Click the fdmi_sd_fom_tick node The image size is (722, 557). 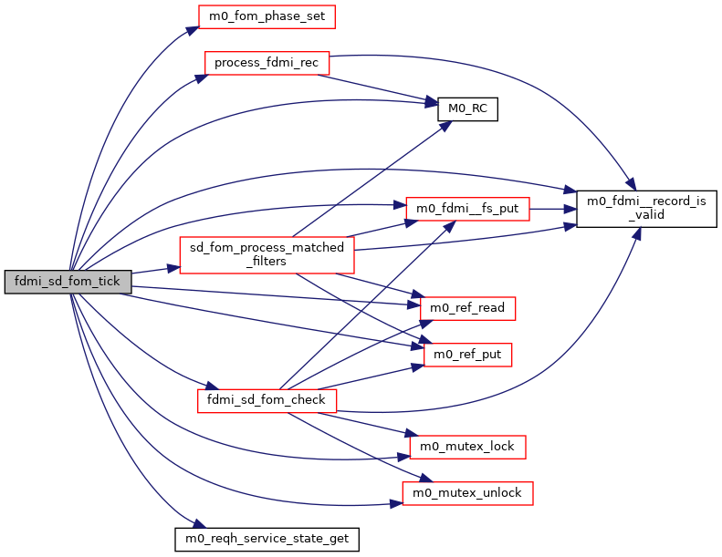(68, 282)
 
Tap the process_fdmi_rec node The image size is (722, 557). (266, 64)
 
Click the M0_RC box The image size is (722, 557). (467, 108)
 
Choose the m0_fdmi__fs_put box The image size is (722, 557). (466, 209)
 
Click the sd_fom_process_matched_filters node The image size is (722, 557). (267, 254)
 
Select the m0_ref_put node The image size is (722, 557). (466, 354)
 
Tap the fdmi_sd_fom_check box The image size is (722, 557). (267, 399)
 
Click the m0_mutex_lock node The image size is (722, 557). (468, 447)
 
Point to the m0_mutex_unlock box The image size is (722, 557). (467, 493)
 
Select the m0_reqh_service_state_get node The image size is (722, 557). (267, 539)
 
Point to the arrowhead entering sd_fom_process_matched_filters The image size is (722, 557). (173, 268)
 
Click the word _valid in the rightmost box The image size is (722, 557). (644, 214)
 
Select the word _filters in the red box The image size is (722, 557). (267, 262)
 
